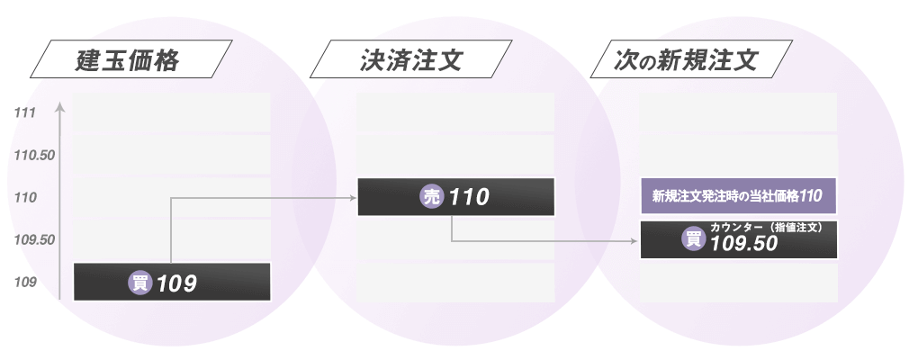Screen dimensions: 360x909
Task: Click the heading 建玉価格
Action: click(x=129, y=61)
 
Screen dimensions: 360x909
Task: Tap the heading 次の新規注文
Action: click(x=687, y=61)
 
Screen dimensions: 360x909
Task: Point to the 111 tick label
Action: click(x=25, y=113)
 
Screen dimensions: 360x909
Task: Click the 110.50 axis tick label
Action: click(x=35, y=156)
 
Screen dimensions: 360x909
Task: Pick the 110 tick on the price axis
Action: click(x=25, y=197)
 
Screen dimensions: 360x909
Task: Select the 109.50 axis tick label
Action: click(x=35, y=239)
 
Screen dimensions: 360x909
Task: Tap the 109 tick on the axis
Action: click(x=25, y=283)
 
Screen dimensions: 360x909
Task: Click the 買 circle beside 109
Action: click(x=140, y=283)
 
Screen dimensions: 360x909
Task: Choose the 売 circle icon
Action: click(x=433, y=197)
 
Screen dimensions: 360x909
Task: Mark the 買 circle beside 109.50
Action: click(x=694, y=239)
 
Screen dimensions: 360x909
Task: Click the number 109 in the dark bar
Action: click(x=176, y=283)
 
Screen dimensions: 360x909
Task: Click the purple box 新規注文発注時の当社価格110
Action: click(x=738, y=194)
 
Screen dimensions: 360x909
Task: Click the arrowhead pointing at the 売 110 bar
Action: click(x=353, y=197)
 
